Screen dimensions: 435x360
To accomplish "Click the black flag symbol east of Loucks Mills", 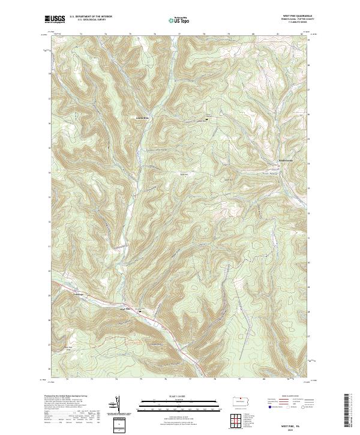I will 208,119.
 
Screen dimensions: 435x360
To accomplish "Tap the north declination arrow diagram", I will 118,405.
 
